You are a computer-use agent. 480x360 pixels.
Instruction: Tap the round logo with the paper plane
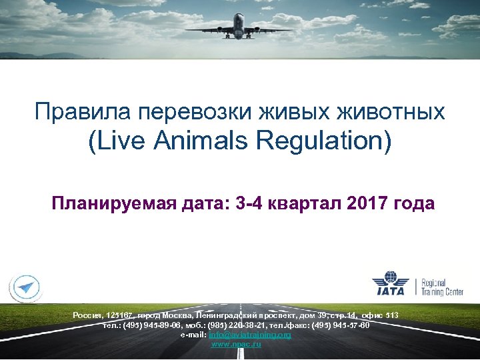coord(24,289)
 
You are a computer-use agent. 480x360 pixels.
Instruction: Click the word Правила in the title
coord(70,111)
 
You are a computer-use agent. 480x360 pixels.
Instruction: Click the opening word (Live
coord(113,142)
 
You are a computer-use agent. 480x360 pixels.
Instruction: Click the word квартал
coord(304,203)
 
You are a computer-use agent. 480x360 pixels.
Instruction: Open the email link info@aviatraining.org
coord(250,335)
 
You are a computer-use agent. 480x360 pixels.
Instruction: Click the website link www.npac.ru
coord(237,344)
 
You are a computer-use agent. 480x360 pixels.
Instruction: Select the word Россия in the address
coord(87,315)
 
